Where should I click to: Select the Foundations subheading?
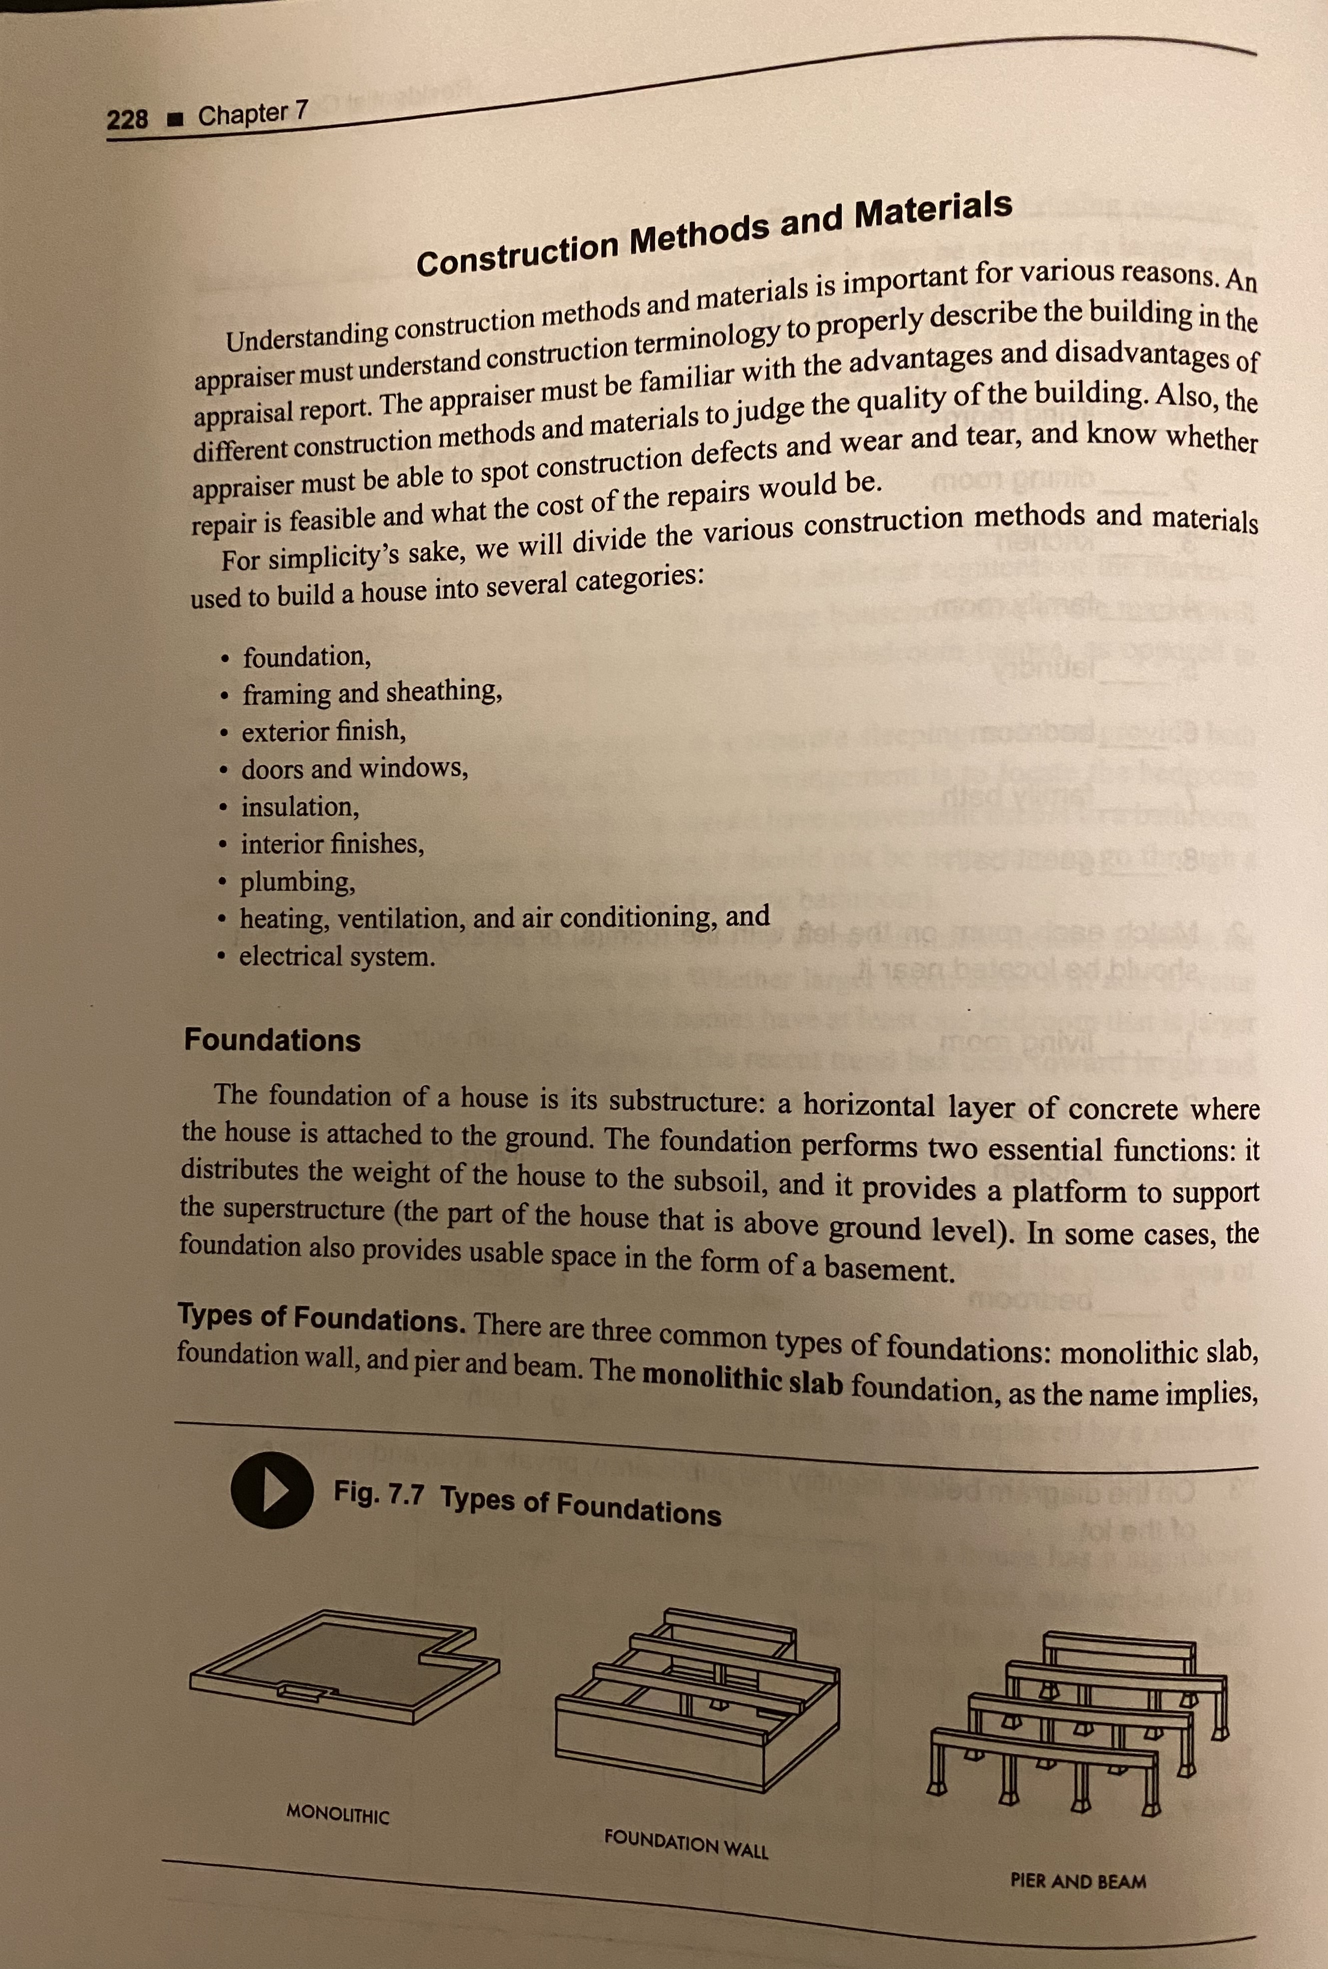click(273, 1040)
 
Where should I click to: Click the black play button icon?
click(271, 1491)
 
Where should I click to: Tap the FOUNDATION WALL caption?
click(686, 1844)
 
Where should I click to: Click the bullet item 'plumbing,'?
click(297, 883)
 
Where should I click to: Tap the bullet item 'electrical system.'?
click(337, 957)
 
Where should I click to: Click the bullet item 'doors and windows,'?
click(354, 769)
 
